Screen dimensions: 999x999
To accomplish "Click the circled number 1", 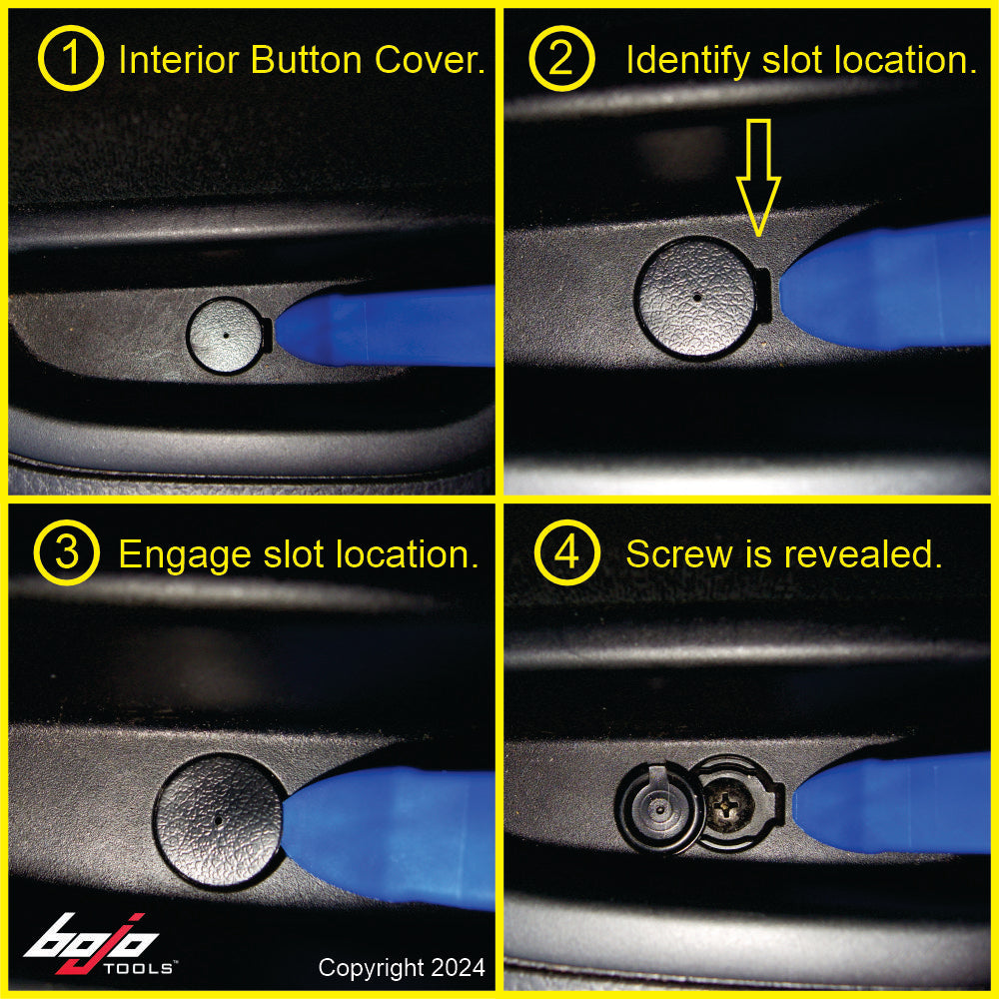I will click(70, 60).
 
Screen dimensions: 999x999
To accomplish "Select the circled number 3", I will click(66, 553).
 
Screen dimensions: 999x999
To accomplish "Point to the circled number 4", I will click(565, 553).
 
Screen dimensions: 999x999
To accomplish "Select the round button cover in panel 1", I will click(227, 336).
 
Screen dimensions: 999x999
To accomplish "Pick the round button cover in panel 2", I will click(696, 298).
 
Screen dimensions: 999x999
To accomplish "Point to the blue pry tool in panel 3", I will click(400, 834).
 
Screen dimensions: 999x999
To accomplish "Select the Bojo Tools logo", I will click(100, 944).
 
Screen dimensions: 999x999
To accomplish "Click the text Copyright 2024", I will click(402, 967).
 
